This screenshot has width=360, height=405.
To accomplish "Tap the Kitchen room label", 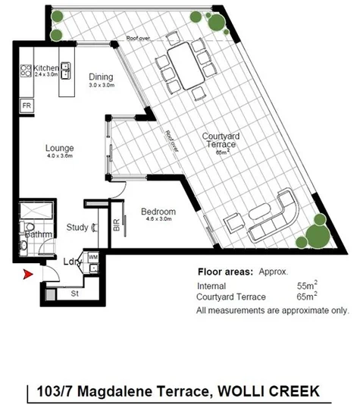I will coord(36,67).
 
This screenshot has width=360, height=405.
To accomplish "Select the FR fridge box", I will coord(27,105).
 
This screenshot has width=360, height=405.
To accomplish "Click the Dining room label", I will coord(101,77).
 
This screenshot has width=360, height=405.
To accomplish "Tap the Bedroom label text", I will coord(159,212).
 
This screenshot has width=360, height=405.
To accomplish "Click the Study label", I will coord(76,226).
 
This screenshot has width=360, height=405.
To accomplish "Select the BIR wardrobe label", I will coord(116,225).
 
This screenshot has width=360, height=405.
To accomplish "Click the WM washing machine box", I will coord(93,258).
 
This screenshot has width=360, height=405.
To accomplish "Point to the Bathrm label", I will coord(37,234).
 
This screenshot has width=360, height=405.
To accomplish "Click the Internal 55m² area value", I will coord(307,286).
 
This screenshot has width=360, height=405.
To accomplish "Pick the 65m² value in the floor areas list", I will coord(307,297).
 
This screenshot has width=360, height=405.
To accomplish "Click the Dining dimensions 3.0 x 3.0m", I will coord(101,86).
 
